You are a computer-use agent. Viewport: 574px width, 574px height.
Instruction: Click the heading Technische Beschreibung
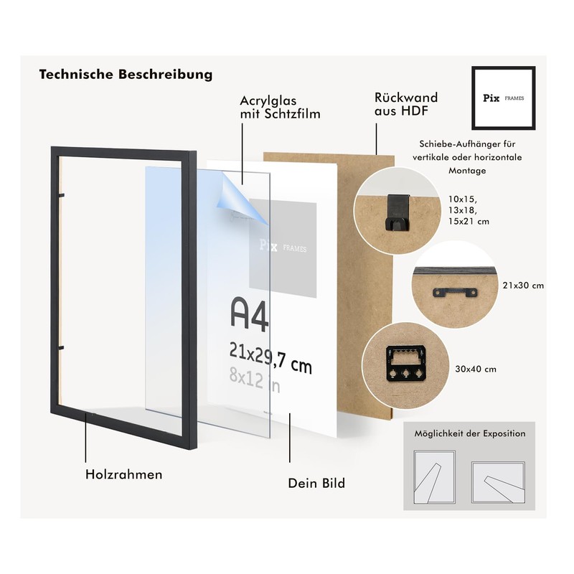126,75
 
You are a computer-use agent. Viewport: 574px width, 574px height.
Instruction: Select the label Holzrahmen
123,474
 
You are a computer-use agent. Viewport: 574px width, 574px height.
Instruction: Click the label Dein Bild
316,483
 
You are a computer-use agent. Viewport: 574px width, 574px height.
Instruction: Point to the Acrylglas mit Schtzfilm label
280,107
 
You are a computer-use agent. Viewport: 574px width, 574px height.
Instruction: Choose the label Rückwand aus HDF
405,104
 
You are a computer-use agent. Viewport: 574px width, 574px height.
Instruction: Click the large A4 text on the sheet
249,314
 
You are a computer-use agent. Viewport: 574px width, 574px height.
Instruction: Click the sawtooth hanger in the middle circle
453,292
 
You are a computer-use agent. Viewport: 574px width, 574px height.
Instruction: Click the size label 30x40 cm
476,370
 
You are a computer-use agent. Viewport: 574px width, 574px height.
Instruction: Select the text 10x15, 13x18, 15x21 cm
469,210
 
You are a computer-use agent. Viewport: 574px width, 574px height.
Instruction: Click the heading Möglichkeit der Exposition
469,433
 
